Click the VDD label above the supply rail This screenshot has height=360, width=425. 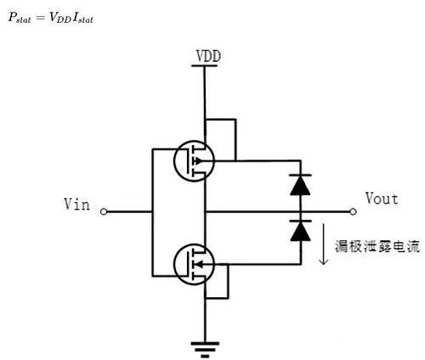coord(208,56)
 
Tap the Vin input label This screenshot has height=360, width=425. coord(78,205)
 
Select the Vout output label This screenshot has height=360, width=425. coord(381,199)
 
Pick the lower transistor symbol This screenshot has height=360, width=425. coord(193,264)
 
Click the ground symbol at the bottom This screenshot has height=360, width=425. coord(203,346)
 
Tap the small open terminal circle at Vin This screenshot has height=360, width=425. coord(103,211)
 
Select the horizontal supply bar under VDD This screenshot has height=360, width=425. coord(204,65)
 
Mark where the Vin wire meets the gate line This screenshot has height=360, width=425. coord(151,211)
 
